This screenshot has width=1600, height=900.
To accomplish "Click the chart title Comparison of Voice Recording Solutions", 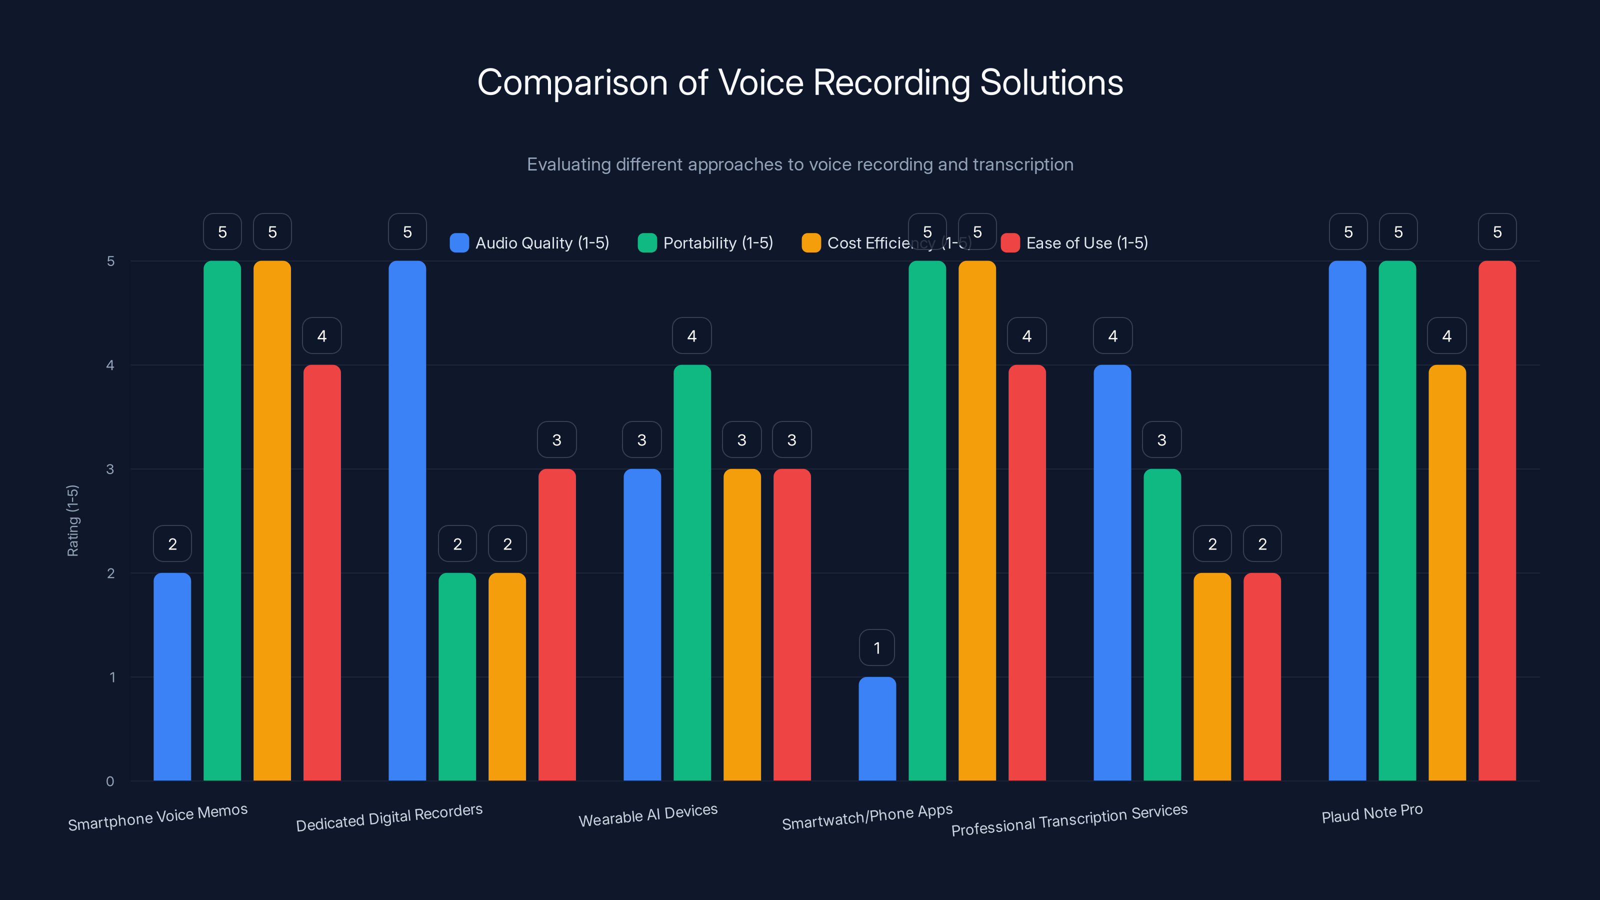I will tap(800, 82).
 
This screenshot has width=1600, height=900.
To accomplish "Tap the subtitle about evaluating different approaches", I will tap(800, 164).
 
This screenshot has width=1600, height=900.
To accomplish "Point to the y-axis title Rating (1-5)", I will tap(72, 520).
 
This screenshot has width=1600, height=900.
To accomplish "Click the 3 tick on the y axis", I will tap(110, 469).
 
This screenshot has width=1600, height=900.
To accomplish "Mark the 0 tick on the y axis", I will tap(110, 781).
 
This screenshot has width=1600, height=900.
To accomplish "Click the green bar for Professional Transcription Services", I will tap(1162, 624).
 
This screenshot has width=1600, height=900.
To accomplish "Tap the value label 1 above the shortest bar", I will tap(877, 648).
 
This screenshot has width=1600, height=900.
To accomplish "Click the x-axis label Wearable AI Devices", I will tap(648, 815).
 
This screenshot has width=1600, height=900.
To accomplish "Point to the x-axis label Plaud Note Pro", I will tap(1371, 813).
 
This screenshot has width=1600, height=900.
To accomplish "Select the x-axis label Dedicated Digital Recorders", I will tap(389, 817).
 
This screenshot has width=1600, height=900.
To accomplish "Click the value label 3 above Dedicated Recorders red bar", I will tap(556, 440).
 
